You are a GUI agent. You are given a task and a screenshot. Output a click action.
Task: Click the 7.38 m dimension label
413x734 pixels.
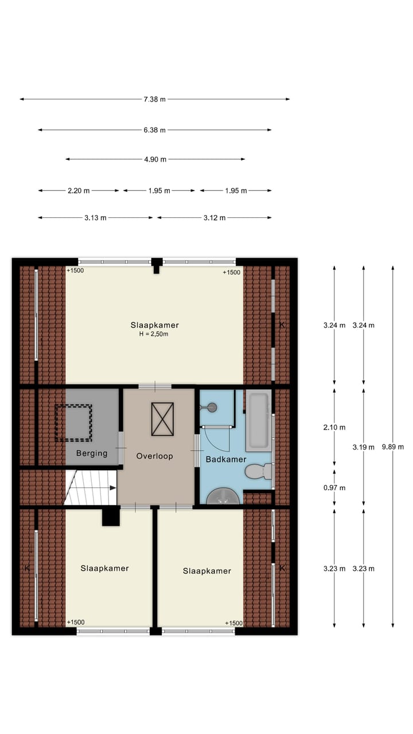coord(154,99)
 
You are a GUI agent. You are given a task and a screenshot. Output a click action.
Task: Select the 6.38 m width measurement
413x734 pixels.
coord(154,130)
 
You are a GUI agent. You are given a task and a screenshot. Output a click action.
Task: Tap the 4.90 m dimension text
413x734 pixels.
coord(155,159)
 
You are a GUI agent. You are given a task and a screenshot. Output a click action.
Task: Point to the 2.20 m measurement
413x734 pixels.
coord(79,190)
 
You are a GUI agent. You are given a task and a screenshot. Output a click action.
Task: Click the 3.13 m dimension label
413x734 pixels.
coord(95,218)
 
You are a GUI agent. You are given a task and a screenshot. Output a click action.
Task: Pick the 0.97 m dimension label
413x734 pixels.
coord(334,488)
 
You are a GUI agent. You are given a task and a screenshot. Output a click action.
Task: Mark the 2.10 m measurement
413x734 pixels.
coord(334,427)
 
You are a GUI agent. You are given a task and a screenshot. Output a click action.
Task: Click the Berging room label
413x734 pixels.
coord(92,454)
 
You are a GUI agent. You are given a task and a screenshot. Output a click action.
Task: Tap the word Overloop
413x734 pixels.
coord(154,456)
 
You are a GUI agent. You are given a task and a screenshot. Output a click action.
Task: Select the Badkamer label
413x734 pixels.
coord(226,459)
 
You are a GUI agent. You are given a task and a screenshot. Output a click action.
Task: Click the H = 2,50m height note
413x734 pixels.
coord(154,334)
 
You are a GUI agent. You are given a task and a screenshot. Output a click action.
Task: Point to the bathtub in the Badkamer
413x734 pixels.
coord(258,421)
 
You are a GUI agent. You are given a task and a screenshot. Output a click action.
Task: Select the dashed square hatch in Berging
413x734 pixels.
coord(73,423)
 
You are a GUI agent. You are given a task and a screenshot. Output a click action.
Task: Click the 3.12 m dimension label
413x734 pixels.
coord(214,218)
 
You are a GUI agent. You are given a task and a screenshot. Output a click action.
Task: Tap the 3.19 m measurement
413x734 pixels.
coord(363,447)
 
